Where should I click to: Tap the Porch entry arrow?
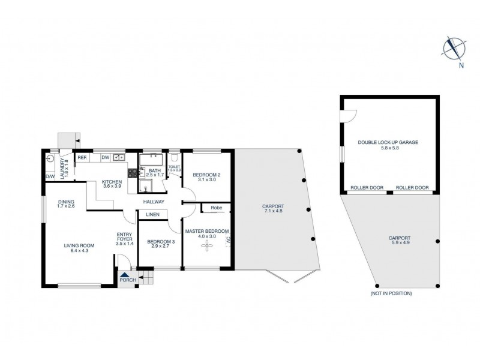(x=123, y=274)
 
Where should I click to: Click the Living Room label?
(x=80, y=245)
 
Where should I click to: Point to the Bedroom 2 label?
(x=206, y=175)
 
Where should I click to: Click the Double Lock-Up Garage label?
(x=388, y=142)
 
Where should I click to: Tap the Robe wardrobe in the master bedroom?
(x=213, y=209)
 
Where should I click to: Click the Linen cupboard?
(x=152, y=214)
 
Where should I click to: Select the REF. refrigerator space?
(x=82, y=158)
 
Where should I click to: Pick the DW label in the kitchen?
(x=104, y=157)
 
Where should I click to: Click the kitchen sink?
(x=119, y=158)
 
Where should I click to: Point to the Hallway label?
(x=154, y=202)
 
